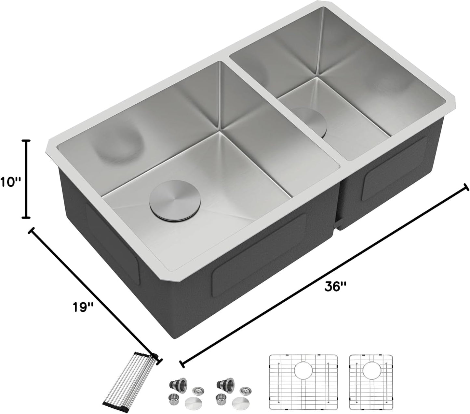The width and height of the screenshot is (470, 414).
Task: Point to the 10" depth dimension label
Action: (10, 182)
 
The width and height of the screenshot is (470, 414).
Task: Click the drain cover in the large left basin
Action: (175, 200)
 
